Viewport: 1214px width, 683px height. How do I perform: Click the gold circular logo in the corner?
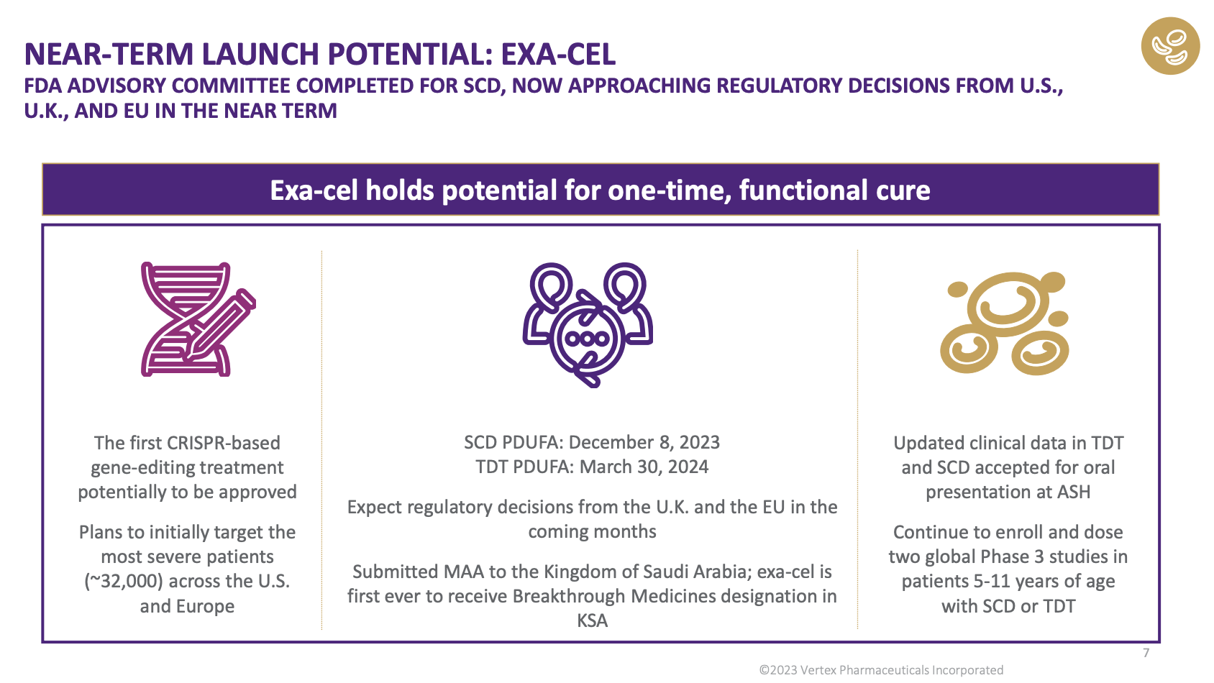(1170, 46)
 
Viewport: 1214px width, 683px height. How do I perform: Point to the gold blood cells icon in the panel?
(1004, 324)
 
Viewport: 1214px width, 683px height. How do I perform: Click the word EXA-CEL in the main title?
(557, 54)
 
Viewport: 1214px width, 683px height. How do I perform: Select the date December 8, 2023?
(644, 443)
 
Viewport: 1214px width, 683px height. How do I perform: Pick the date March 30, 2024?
(644, 467)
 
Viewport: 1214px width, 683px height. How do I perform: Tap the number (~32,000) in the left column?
(124, 581)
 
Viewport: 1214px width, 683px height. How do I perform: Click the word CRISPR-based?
(223, 443)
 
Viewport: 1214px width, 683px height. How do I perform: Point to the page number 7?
(1146, 654)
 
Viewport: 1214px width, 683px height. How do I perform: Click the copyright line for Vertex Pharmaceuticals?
(881, 671)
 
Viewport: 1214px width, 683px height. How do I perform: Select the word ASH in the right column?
(1074, 492)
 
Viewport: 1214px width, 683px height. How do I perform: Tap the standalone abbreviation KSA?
(592, 620)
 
